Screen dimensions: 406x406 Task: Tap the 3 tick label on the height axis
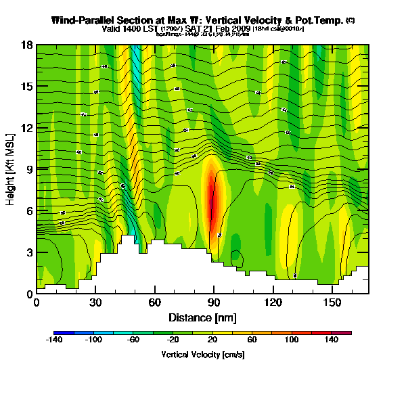point(30,252)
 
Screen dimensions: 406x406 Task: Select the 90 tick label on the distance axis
point(214,302)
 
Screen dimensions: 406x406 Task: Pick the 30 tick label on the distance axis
point(95,302)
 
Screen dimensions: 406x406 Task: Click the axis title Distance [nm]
point(202,317)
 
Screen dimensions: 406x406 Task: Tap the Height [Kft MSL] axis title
point(12,169)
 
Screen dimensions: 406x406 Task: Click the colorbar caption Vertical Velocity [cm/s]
point(202,355)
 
